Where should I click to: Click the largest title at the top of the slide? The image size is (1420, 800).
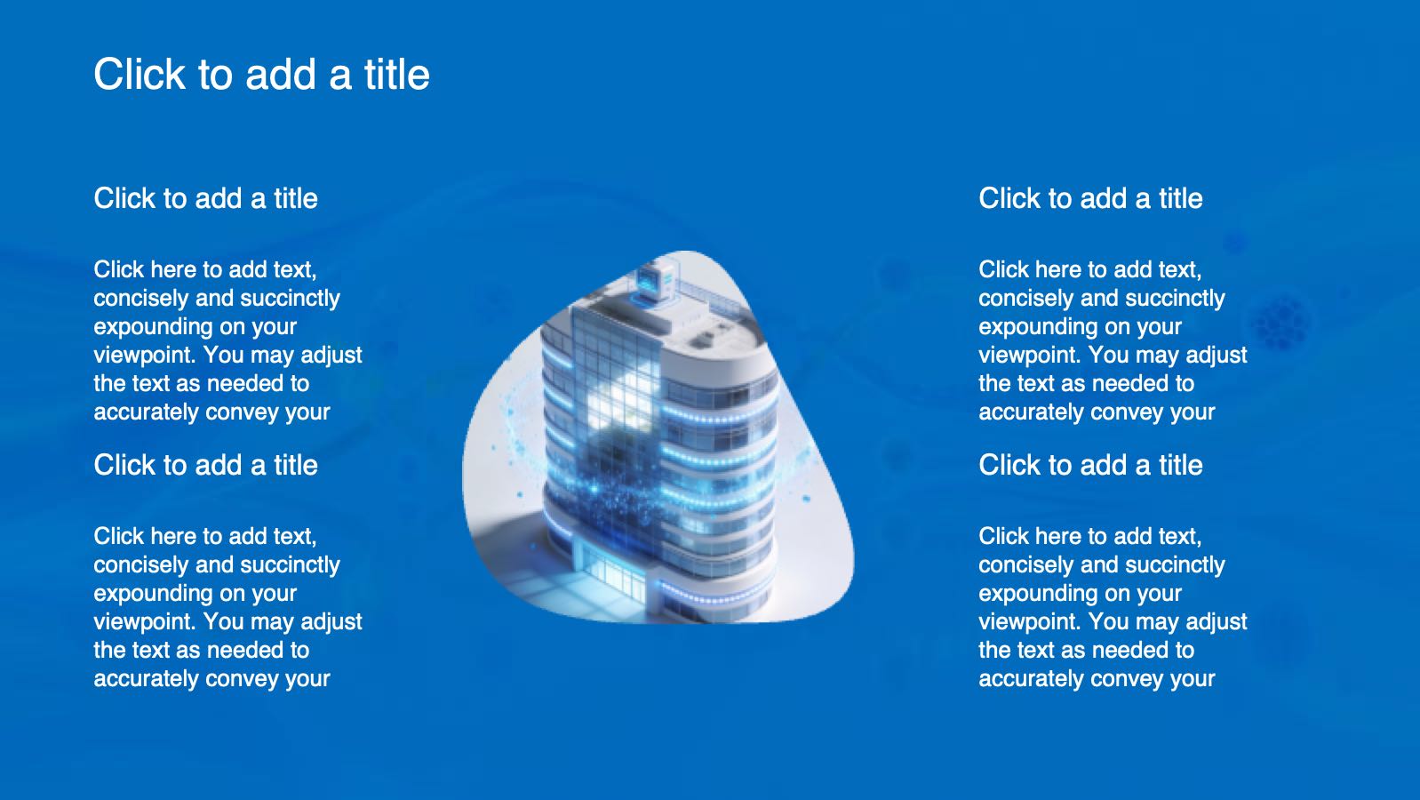point(262,75)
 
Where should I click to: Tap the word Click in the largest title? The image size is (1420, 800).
point(140,74)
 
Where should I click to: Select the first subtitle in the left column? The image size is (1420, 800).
point(205,198)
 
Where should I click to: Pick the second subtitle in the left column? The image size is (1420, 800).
point(205,465)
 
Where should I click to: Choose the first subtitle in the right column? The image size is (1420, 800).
point(1090,198)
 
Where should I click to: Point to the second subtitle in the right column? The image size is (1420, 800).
point(1090,465)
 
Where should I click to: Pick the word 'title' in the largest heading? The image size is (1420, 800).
point(397,74)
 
